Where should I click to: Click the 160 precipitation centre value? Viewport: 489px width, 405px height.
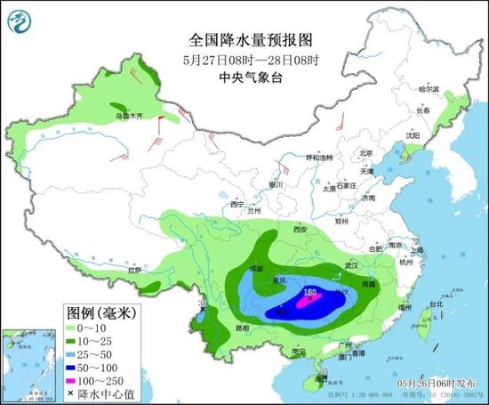click(310, 291)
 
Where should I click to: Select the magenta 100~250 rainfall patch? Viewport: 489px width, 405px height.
click(307, 303)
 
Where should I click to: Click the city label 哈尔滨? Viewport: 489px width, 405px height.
click(429, 89)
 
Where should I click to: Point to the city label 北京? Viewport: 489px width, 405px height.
click(365, 153)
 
